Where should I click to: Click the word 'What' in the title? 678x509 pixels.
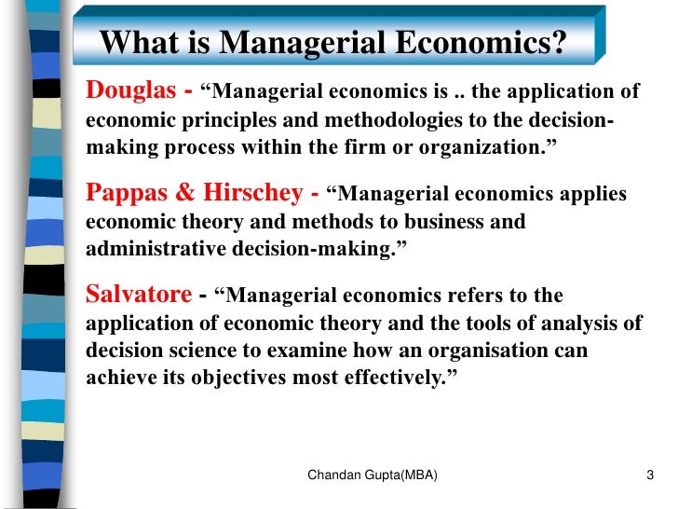pos(134,42)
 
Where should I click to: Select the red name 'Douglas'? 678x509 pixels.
pos(130,90)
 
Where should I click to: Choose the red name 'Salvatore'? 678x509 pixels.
pos(139,296)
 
